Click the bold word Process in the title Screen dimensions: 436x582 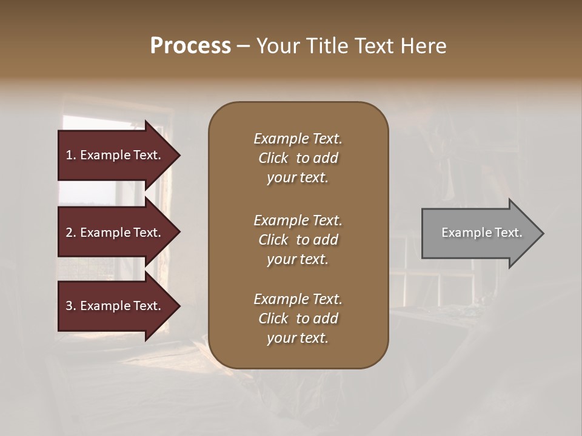190,46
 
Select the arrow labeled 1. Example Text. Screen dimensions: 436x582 115,155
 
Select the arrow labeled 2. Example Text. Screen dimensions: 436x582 115,233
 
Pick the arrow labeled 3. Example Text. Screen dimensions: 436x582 115,306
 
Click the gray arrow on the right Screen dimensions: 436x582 479,233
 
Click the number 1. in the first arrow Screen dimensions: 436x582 70,155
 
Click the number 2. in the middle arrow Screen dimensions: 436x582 70,233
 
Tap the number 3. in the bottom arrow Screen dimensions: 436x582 70,306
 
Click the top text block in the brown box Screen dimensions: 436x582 298,158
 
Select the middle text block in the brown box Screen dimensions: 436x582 298,240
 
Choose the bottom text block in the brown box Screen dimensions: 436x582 298,319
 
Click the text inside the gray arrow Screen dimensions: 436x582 481,233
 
